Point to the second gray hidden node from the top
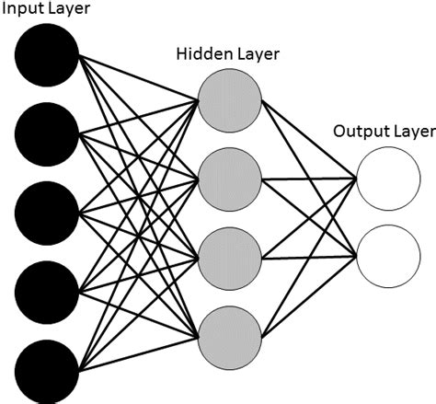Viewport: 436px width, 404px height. (230, 174)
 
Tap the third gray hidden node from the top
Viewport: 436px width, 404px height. (230, 250)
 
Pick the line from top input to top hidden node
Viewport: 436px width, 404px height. (138, 76)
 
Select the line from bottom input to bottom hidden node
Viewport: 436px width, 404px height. (138, 350)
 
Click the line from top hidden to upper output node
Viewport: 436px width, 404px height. (309, 137)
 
